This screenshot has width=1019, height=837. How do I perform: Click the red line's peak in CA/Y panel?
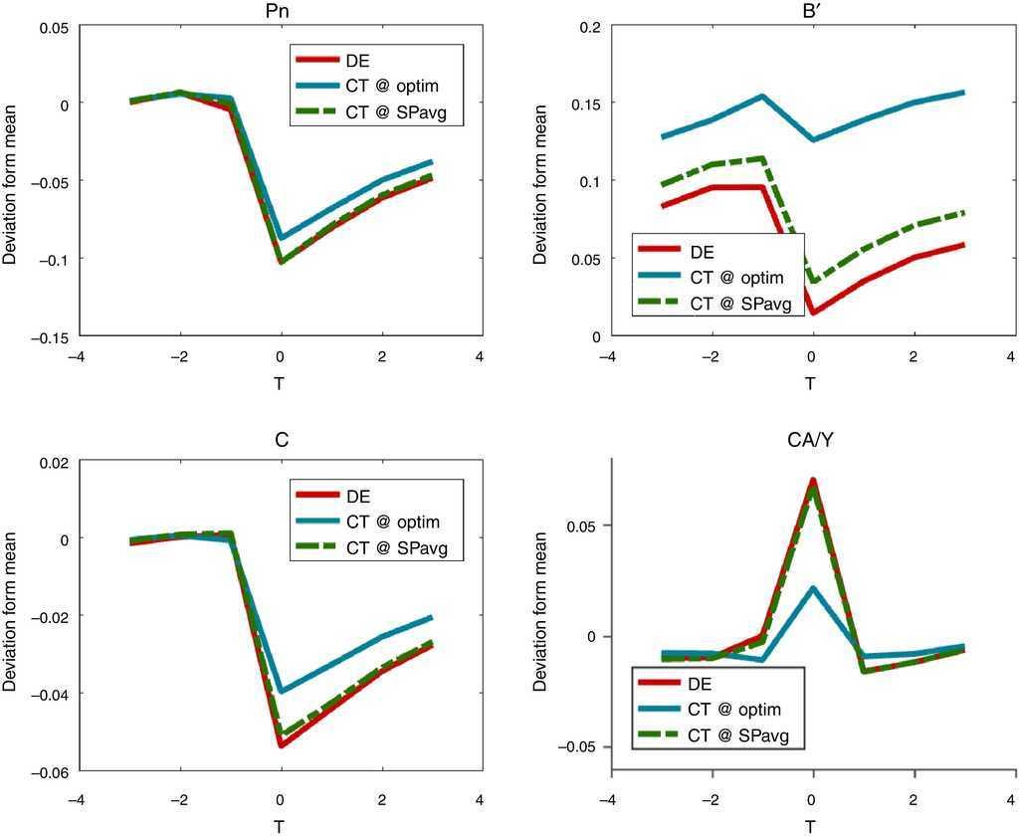coord(813,481)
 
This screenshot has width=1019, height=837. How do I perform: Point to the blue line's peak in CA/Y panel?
coord(813,588)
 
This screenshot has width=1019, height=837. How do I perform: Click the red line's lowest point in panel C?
coord(282,744)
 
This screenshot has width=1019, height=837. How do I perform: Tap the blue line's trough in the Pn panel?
coord(282,238)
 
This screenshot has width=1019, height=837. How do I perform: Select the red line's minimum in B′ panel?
coord(813,313)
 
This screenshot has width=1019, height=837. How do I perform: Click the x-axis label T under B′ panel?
coord(811,383)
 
